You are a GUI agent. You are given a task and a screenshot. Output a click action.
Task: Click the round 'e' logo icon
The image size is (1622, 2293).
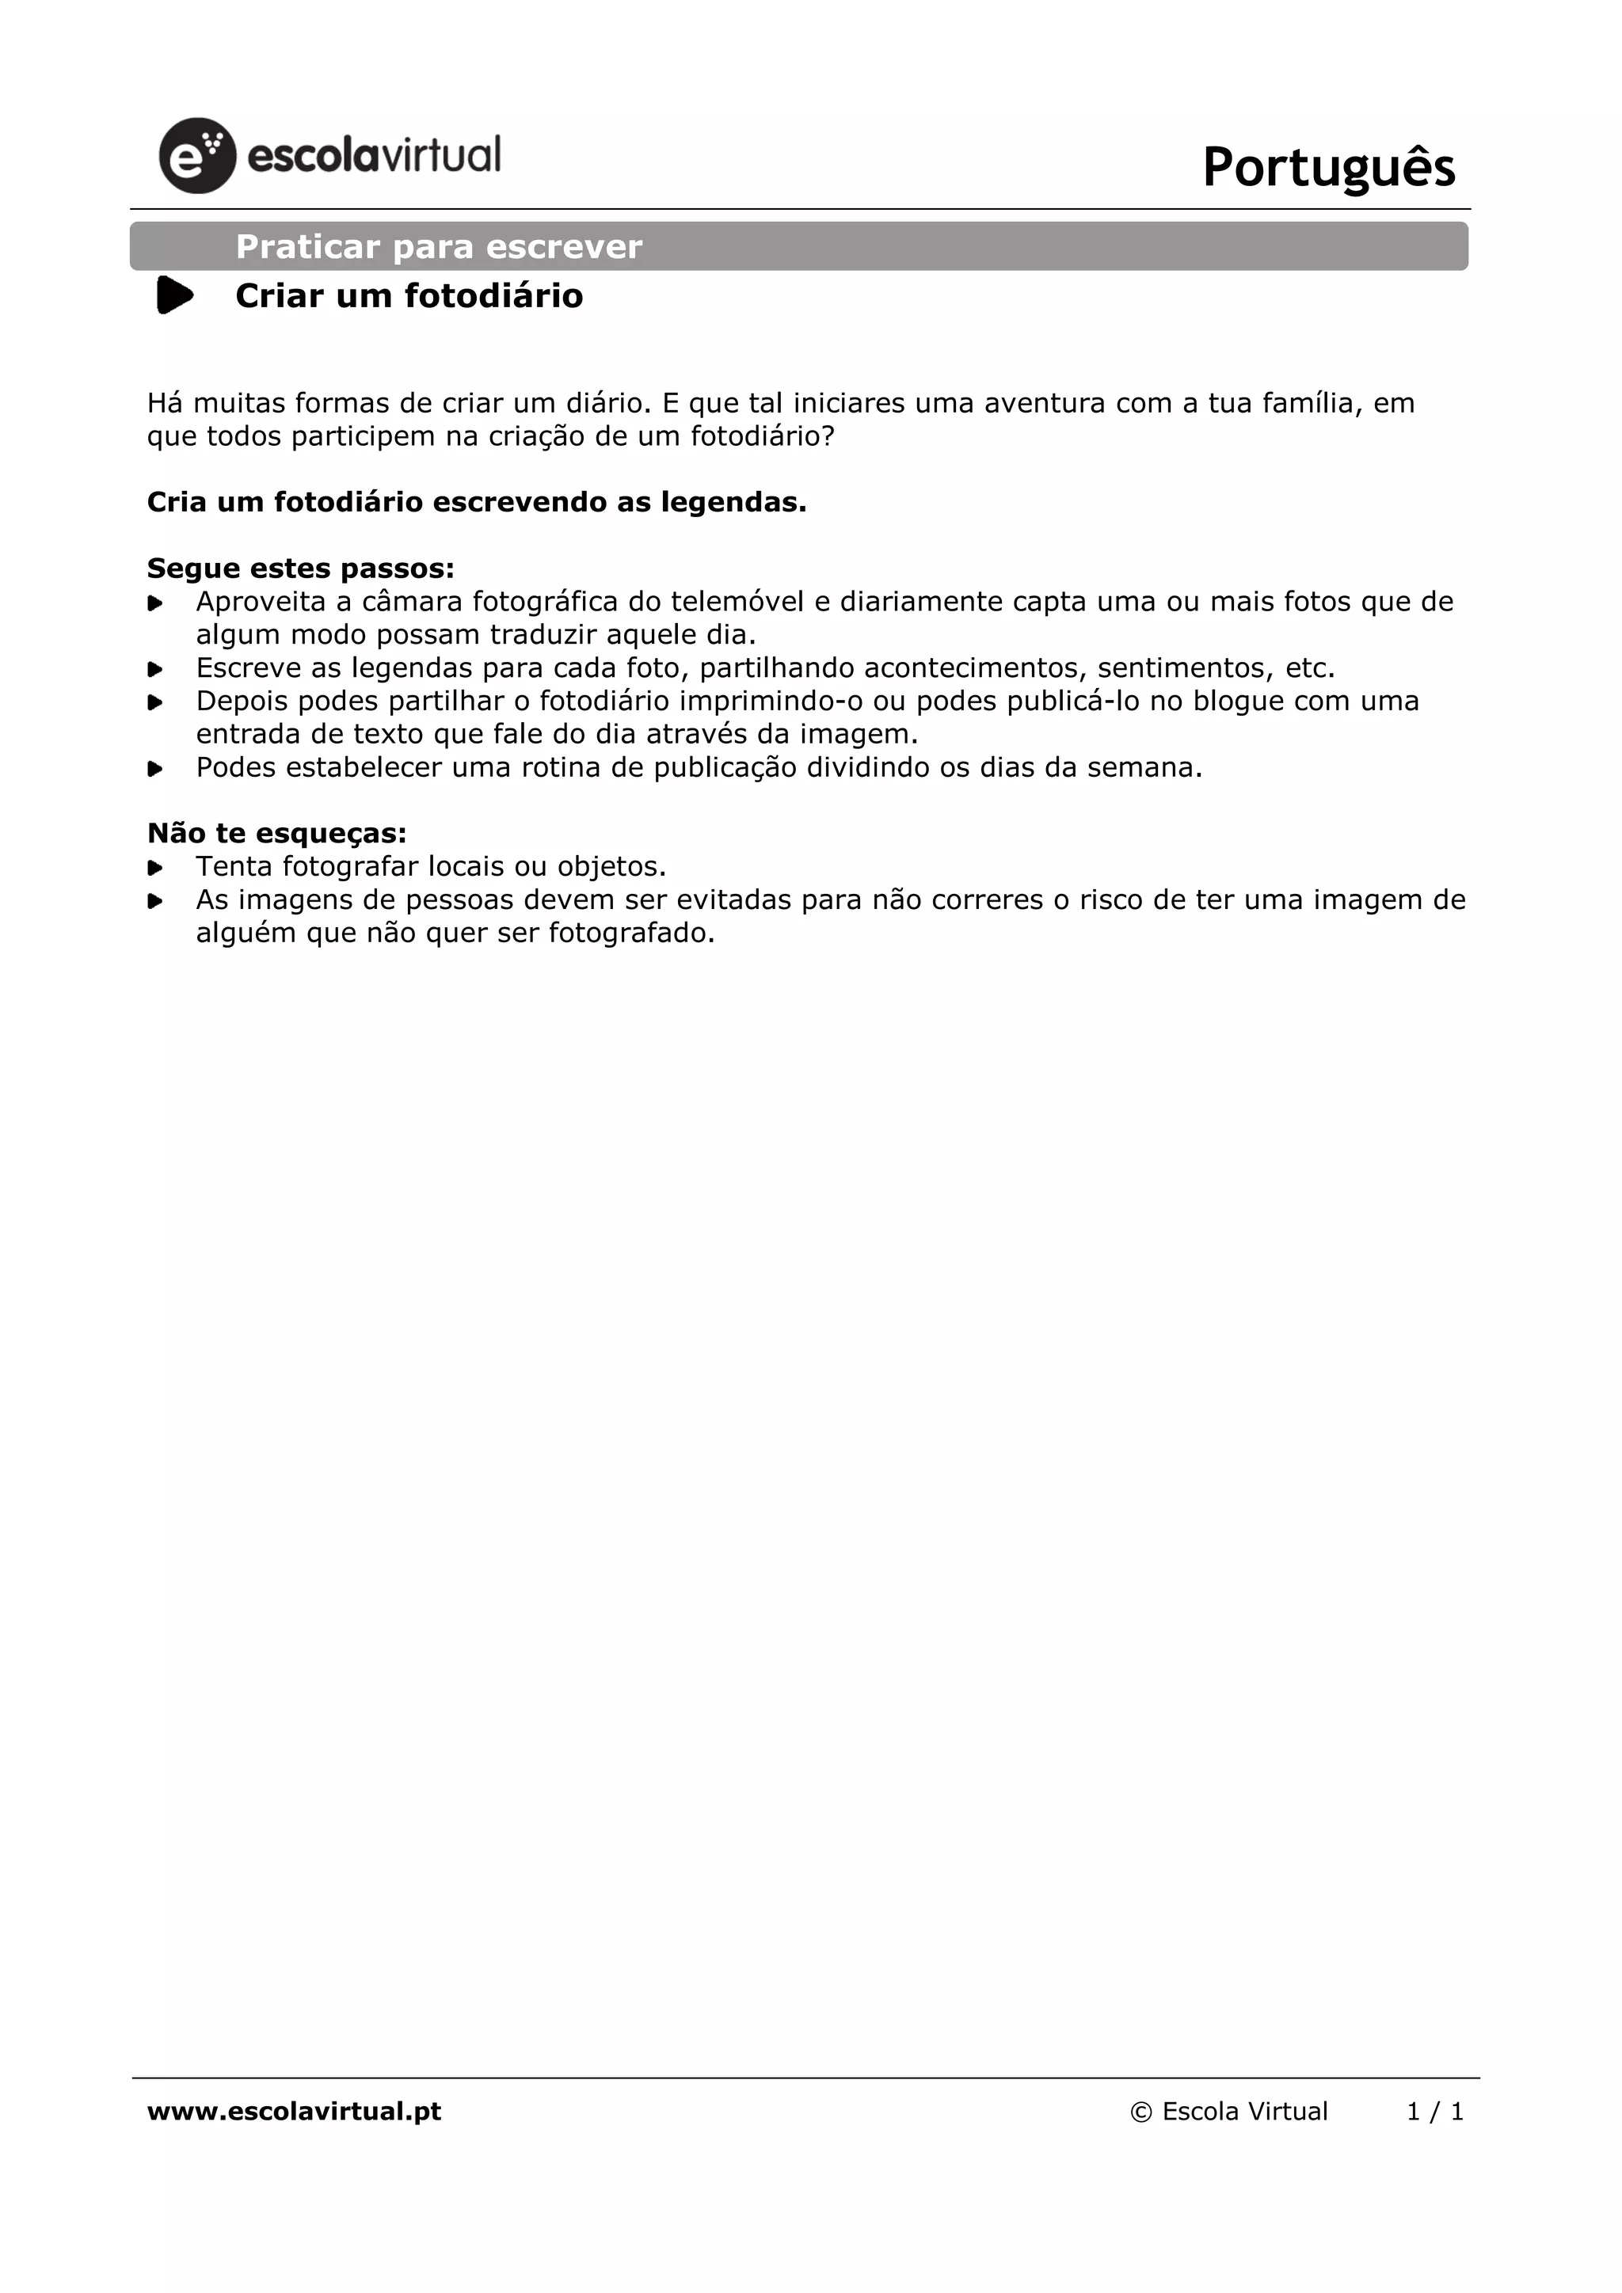click(196, 156)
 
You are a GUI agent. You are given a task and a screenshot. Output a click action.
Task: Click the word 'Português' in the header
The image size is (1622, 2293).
click(1328, 167)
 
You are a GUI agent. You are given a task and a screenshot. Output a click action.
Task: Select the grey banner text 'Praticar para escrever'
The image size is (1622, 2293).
click(439, 247)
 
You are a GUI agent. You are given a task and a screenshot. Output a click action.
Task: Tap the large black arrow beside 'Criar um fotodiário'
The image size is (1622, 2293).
click(175, 295)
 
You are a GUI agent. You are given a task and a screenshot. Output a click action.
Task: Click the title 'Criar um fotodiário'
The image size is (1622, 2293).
click(409, 297)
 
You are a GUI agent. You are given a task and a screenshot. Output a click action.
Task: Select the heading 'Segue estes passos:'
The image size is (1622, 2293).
click(301, 569)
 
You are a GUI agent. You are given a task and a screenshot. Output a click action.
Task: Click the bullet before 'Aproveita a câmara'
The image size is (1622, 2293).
click(154, 603)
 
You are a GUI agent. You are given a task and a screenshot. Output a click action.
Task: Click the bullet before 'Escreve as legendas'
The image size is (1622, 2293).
click(154, 669)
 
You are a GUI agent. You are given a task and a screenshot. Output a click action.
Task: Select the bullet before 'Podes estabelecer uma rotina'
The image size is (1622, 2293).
click(154, 769)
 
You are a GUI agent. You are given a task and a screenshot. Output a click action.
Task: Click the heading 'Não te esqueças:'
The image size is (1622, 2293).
click(276, 834)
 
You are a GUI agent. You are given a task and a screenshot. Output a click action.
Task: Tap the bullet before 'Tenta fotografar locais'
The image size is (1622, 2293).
click(154, 867)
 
